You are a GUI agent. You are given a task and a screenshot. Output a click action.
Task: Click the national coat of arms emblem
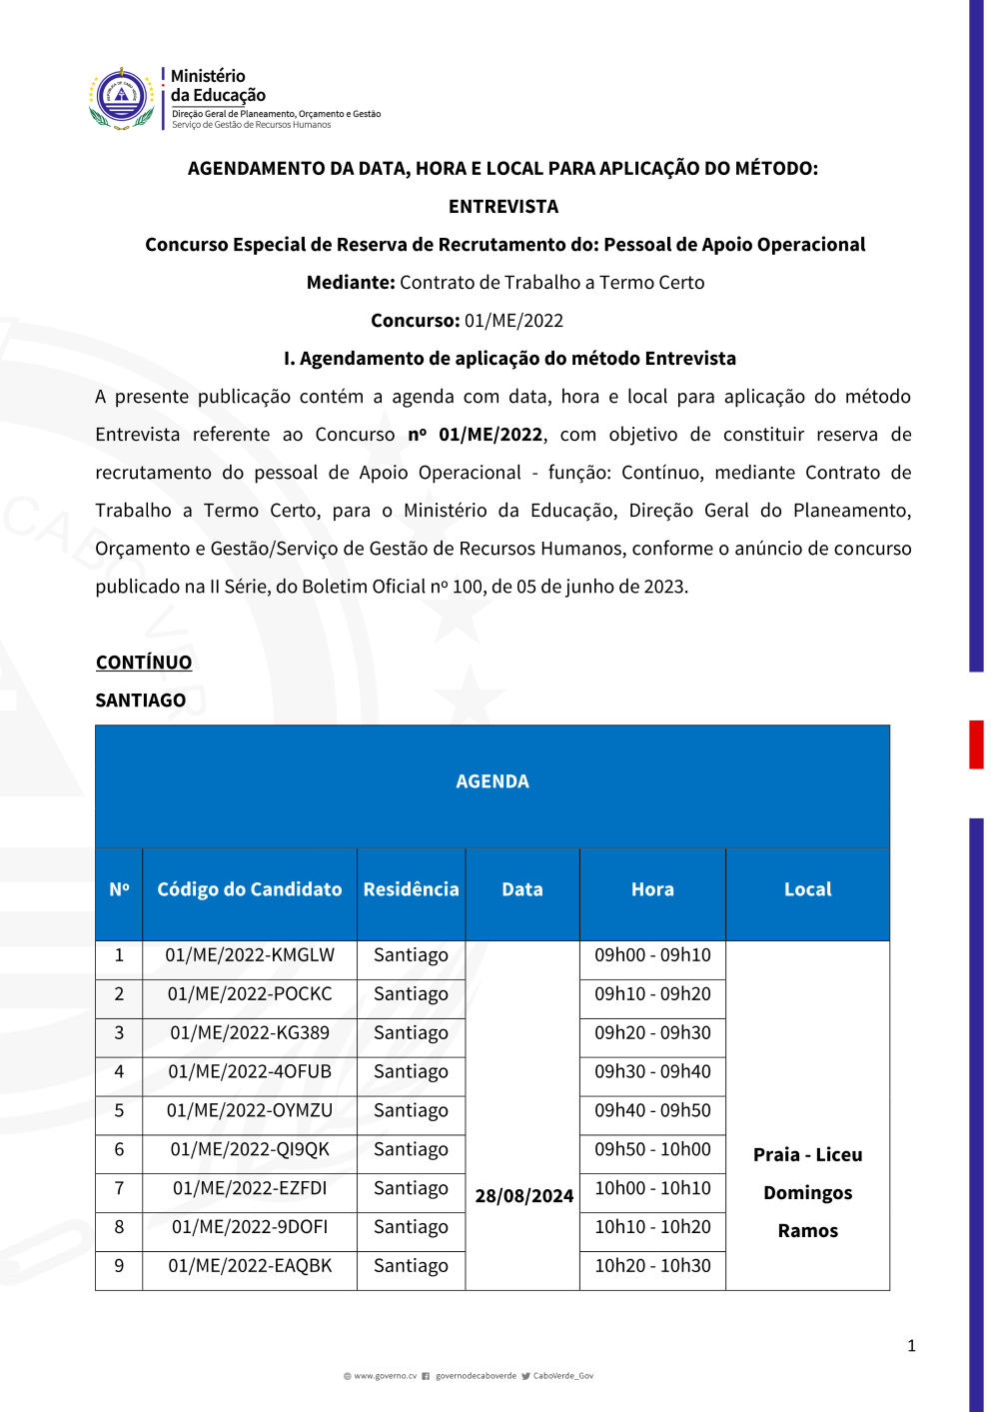tap(121, 98)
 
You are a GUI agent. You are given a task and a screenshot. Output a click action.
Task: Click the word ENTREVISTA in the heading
tap(503, 207)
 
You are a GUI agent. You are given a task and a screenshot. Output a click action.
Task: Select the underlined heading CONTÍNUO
tap(144, 663)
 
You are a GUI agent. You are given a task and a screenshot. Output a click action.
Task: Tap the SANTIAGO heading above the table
tap(141, 701)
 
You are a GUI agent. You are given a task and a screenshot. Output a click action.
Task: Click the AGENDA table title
tap(493, 781)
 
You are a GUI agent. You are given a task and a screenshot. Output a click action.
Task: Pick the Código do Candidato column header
tap(250, 889)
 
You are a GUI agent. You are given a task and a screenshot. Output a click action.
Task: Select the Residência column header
tap(411, 889)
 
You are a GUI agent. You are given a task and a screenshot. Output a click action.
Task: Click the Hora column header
tap(652, 889)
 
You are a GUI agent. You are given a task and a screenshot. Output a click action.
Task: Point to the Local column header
tap(807, 889)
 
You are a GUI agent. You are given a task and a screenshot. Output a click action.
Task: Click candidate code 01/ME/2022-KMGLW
tap(250, 955)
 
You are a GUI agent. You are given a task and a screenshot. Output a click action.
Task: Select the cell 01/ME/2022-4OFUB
tap(250, 1072)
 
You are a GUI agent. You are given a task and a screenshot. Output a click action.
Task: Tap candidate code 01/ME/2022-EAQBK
tap(250, 1266)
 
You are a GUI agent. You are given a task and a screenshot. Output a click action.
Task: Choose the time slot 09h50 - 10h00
tap(652, 1149)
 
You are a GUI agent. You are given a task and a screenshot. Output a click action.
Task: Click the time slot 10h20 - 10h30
tap(652, 1266)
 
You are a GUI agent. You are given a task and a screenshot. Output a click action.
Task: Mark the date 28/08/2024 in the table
tap(523, 1196)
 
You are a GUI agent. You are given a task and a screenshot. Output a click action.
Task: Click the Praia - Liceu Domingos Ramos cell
tap(807, 1192)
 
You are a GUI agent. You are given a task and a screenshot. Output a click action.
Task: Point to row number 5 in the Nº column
tap(119, 1110)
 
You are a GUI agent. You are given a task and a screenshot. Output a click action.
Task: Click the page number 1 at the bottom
tap(911, 1346)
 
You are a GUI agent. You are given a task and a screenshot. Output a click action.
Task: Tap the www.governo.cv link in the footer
tap(385, 1376)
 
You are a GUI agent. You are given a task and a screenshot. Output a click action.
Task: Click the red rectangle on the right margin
tap(976, 744)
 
